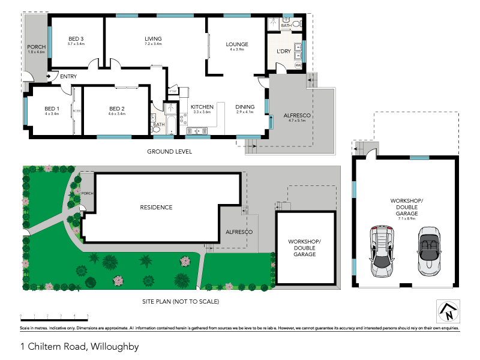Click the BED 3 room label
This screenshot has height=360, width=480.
pos(76,39)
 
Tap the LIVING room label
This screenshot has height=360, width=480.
pos(154,39)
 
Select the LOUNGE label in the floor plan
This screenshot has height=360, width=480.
pos(237,44)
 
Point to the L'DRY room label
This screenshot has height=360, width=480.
pos(283,52)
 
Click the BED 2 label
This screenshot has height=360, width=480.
pos(116,109)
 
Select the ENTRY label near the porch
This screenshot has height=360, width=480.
pos(68,76)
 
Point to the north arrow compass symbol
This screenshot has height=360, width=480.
pos(447,311)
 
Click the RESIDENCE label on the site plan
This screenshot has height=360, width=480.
pos(156,208)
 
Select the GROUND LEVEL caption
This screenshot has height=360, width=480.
pos(170,152)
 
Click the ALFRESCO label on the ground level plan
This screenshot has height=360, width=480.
pos(295,115)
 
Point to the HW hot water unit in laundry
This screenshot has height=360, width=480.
pos(298,65)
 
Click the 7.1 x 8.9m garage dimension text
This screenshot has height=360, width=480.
pos(407,219)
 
